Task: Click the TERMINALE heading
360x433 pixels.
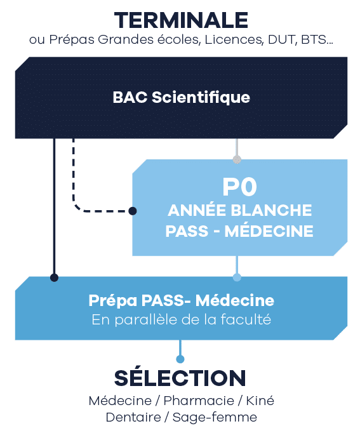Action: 181,20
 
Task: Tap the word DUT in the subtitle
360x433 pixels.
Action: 282,39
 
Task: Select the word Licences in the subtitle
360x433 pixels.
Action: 234,39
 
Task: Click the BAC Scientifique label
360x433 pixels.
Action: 181,98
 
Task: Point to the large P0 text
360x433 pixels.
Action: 239,187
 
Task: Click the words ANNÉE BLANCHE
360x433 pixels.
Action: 239,210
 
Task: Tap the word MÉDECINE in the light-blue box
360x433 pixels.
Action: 269,231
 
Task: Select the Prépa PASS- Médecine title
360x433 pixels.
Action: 181,300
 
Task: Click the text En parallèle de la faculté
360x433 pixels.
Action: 181,320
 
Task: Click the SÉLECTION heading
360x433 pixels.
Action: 180,378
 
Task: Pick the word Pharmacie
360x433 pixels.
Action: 199,401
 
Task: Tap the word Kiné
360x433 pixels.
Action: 260,401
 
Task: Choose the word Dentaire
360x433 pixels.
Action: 133,417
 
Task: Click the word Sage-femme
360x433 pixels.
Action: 215,418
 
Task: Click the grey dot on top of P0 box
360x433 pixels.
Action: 237,159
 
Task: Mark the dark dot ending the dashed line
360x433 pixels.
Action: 133,211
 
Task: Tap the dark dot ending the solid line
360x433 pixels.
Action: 54,277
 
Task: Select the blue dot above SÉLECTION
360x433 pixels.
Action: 180,359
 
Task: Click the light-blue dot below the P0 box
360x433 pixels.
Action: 237,277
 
